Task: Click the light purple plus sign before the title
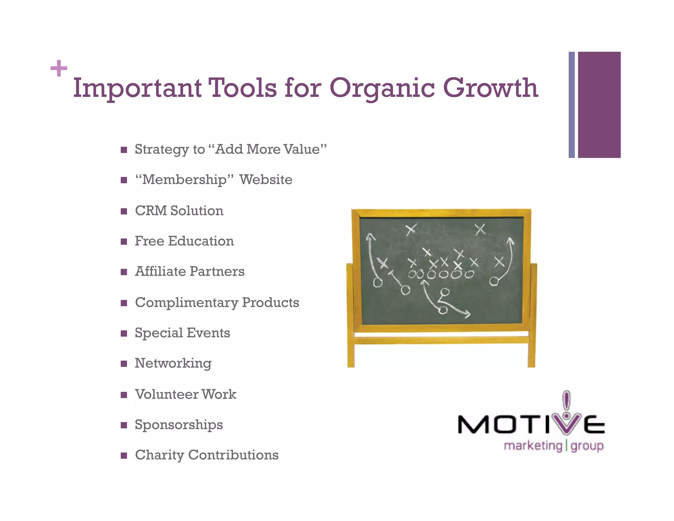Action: click(x=59, y=68)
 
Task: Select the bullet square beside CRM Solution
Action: click(x=124, y=211)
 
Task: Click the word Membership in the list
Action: click(x=184, y=180)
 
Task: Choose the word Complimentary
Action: click(x=186, y=303)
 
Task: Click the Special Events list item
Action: click(x=182, y=333)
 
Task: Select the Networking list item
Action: click(x=173, y=364)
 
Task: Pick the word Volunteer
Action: click(x=166, y=394)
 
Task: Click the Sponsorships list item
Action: click(x=179, y=425)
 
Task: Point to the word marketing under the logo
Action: click(x=533, y=446)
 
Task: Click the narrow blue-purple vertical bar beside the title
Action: click(x=572, y=105)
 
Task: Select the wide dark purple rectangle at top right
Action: click(x=599, y=105)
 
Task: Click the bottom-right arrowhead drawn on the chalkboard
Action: click(x=467, y=314)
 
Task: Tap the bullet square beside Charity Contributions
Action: click(x=124, y=456)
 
